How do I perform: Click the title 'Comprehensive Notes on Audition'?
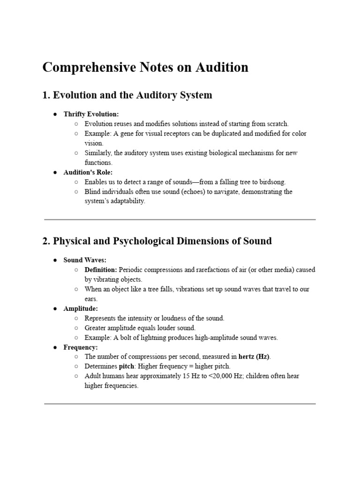[x=145, y=67]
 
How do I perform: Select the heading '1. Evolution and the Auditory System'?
[x=127, y=95]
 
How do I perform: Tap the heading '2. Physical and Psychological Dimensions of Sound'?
[x=157, y=241]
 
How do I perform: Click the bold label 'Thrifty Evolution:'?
[x=91, y=114]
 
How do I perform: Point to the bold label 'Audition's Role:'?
[x=88, y=172]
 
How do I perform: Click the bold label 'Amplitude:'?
[x=81, y=308]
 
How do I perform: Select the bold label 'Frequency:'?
[x=81, y=347]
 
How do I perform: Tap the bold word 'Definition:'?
[x=101, y=270]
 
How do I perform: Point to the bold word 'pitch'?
[x=126, y=366]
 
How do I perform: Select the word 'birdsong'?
[x=271, y=182]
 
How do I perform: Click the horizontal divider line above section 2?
[x=180, y=219]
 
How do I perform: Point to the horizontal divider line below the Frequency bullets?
[x=180, y=403]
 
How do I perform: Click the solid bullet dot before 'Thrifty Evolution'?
[x=55, y=114]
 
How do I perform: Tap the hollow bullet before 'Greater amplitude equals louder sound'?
[x=76, y=328]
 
